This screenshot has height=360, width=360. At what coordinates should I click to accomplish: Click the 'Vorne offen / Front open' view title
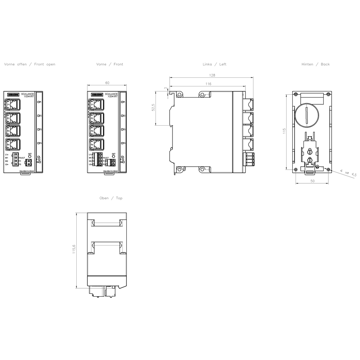click(30, 64)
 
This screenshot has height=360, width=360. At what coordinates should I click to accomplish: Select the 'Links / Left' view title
click(215, 64)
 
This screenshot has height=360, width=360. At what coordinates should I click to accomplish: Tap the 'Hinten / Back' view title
click(315, 64)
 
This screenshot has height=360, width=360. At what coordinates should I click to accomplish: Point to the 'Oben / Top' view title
click(111, 198)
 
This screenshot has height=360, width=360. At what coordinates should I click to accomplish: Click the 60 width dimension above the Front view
click(107, 83)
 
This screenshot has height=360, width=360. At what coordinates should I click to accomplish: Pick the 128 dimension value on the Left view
click(212, 76)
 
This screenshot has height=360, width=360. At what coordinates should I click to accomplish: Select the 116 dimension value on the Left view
click(208, 84)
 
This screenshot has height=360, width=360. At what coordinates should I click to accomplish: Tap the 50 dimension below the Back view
click(312, 181)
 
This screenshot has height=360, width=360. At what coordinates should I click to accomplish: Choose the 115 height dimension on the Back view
click(284, 131)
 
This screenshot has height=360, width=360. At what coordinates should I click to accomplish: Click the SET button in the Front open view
click(30, 157)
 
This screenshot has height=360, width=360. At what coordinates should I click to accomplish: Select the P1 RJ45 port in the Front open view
click(13, 105)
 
